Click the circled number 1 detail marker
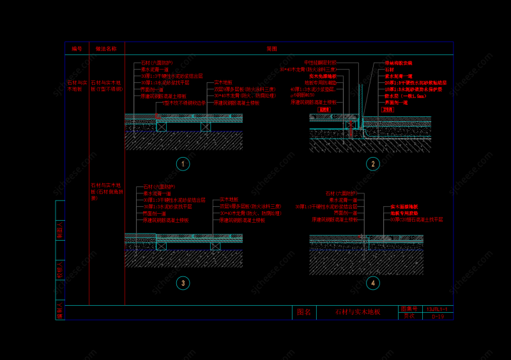pyautogui.click(x=183, y=164)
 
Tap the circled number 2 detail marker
pyautogui.click(x=373, y=164)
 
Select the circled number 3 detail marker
pyautogui.click(x=183, y=283)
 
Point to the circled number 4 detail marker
pyautogui.click(x=373, y=283)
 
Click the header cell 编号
pyautogui.click(x=77, y=49)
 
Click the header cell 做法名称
pyautogui.click(x=107, y=49)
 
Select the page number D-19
pyautogui.click(x=438, y=316)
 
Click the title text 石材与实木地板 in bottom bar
pyautogui.click(x=358, y=312)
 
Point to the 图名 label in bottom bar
pyautogui.click(x=304, y=312)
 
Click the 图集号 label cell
pyautogui.click(x=408, y=309)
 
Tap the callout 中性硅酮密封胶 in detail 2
pyautogui.click(x=319, y=63)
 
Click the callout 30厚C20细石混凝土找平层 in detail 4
pyautogui.click(x=416, y=220)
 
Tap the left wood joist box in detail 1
pyautogui.click(x=162, y=126)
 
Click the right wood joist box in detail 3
pyautogui.click(x=215, y=246)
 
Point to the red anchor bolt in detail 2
pyautogui.click(x=350, y=128)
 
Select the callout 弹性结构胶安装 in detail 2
pyautogui.click(x=399, y=63)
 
